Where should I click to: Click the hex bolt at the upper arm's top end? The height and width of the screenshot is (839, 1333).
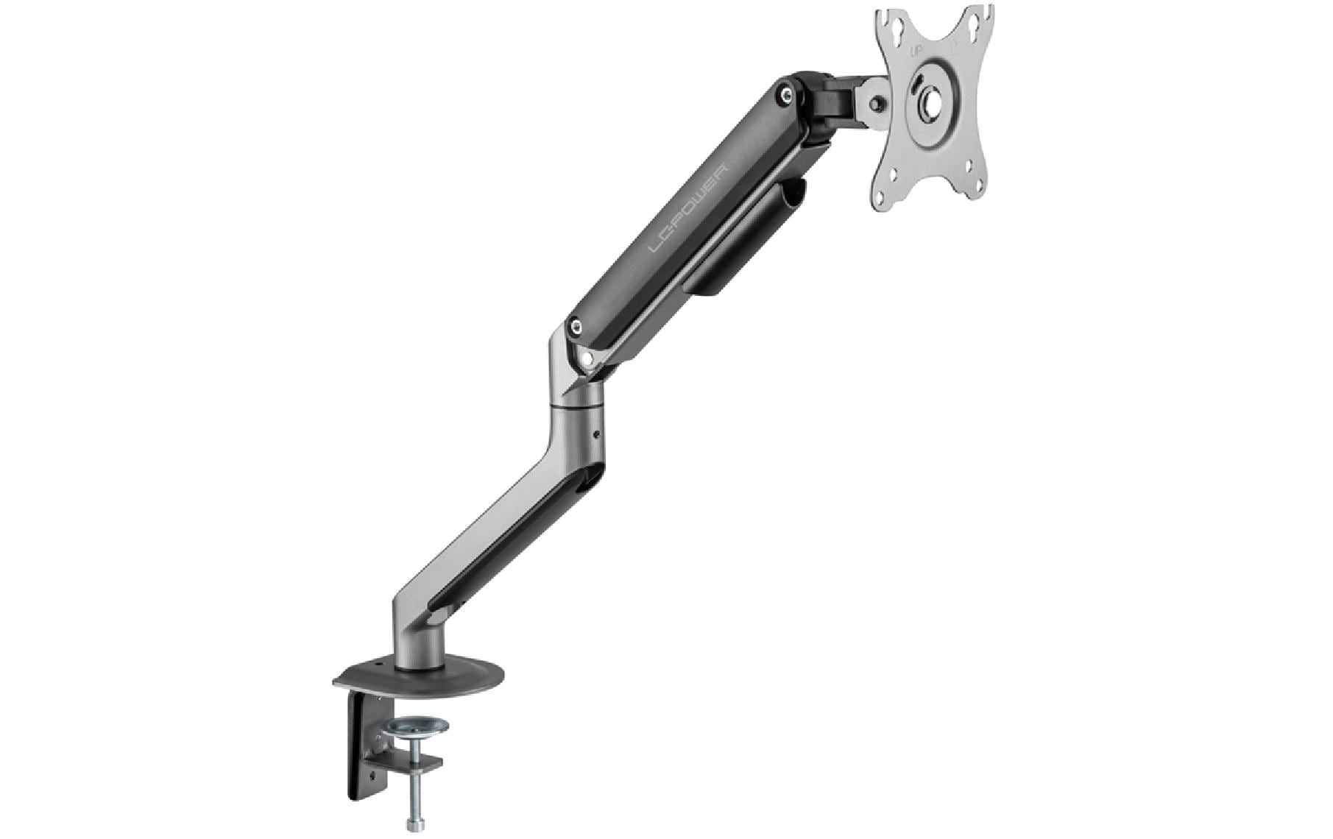pyautogui.click(x=787, y=93)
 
